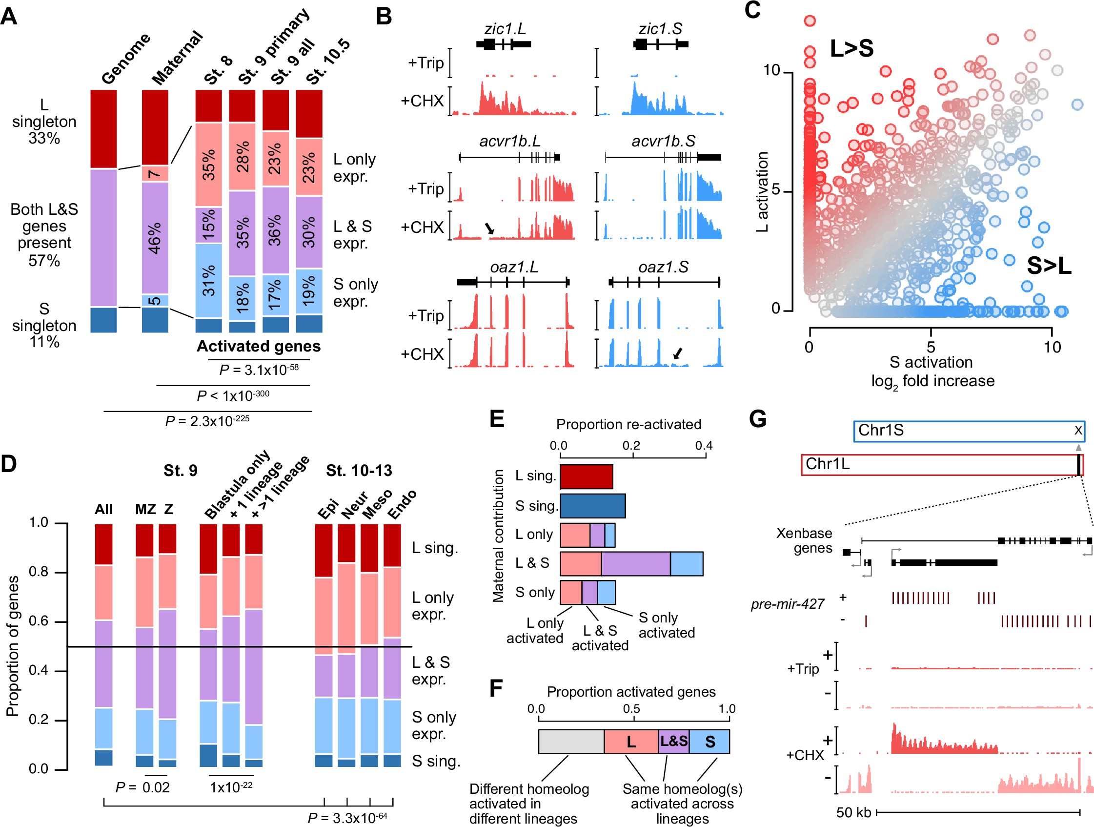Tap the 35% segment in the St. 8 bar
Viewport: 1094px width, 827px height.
coord(208,165)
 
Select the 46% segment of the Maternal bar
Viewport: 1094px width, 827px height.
coord(155,238)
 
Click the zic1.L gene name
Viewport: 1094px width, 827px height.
coord(505,29)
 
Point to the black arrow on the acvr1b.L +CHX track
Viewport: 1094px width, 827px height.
coord(489,227)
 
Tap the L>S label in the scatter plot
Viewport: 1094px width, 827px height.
coord(851,48)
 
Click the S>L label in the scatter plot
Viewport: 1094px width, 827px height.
coord(1049,266)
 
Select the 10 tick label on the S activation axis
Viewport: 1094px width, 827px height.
coord(1052,348)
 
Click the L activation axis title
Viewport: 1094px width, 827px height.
coord(762,191)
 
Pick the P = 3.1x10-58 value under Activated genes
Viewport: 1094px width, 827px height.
coord(259,370)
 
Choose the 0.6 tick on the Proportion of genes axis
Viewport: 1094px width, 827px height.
coord(39,621)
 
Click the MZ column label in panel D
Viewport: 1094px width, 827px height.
coord(145,509)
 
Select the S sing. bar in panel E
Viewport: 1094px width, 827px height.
coord(592,506)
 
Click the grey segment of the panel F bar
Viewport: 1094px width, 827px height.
coord(571,742)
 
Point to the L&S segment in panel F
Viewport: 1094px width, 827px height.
coord(673,742)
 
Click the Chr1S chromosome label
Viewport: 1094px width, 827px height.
coord(880,431)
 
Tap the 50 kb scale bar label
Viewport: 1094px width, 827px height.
coord(853,813)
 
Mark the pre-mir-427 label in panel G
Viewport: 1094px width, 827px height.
coord(788,604)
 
